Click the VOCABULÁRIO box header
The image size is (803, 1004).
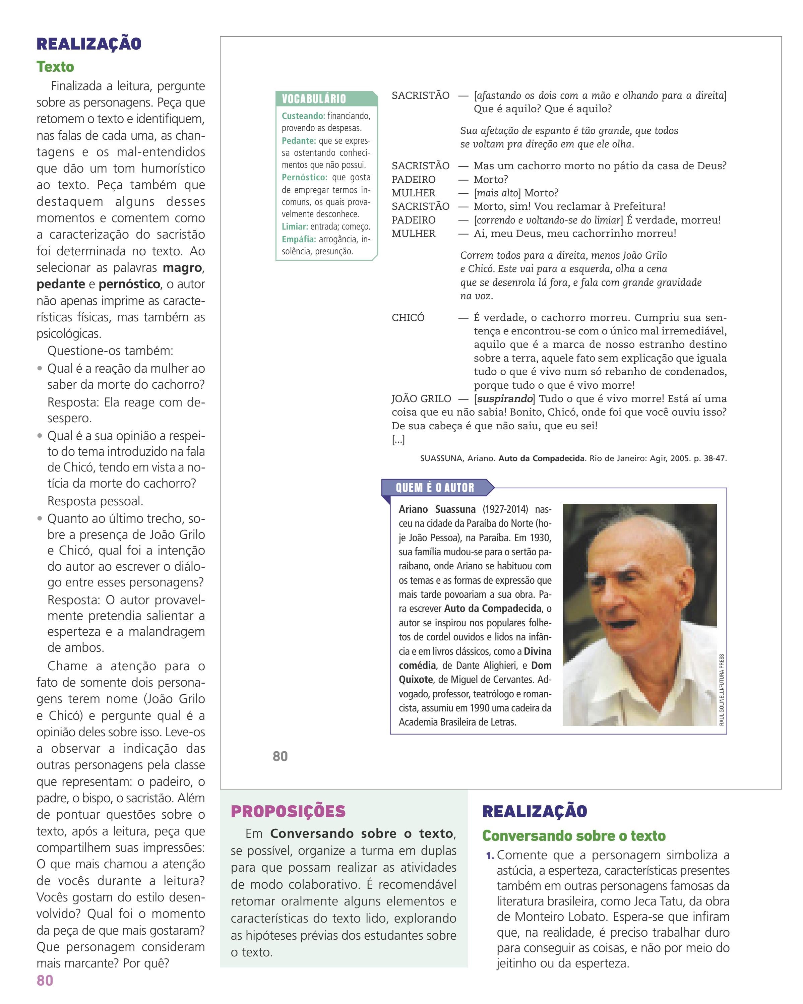click(x=314, y=99)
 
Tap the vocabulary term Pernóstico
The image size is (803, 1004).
click(x=305, y=177)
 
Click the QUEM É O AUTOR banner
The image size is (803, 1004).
click(x=435, y=488)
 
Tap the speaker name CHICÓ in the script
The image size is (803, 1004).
click(x=408, y=318)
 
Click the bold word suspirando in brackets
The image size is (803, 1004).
click(x=505, y=399)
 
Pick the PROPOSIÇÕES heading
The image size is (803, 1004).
click(x=288, y=811)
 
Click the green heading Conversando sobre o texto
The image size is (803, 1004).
click(x=573, y=836)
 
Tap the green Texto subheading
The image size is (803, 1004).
click(x=55, y=67)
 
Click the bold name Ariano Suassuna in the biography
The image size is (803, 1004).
click(x=437, y=509)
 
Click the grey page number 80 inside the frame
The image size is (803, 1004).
click(x=280, y=757)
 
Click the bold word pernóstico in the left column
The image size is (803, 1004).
click(x=129, y=284)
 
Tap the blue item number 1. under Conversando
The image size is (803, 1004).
click(x=490, y=856)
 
